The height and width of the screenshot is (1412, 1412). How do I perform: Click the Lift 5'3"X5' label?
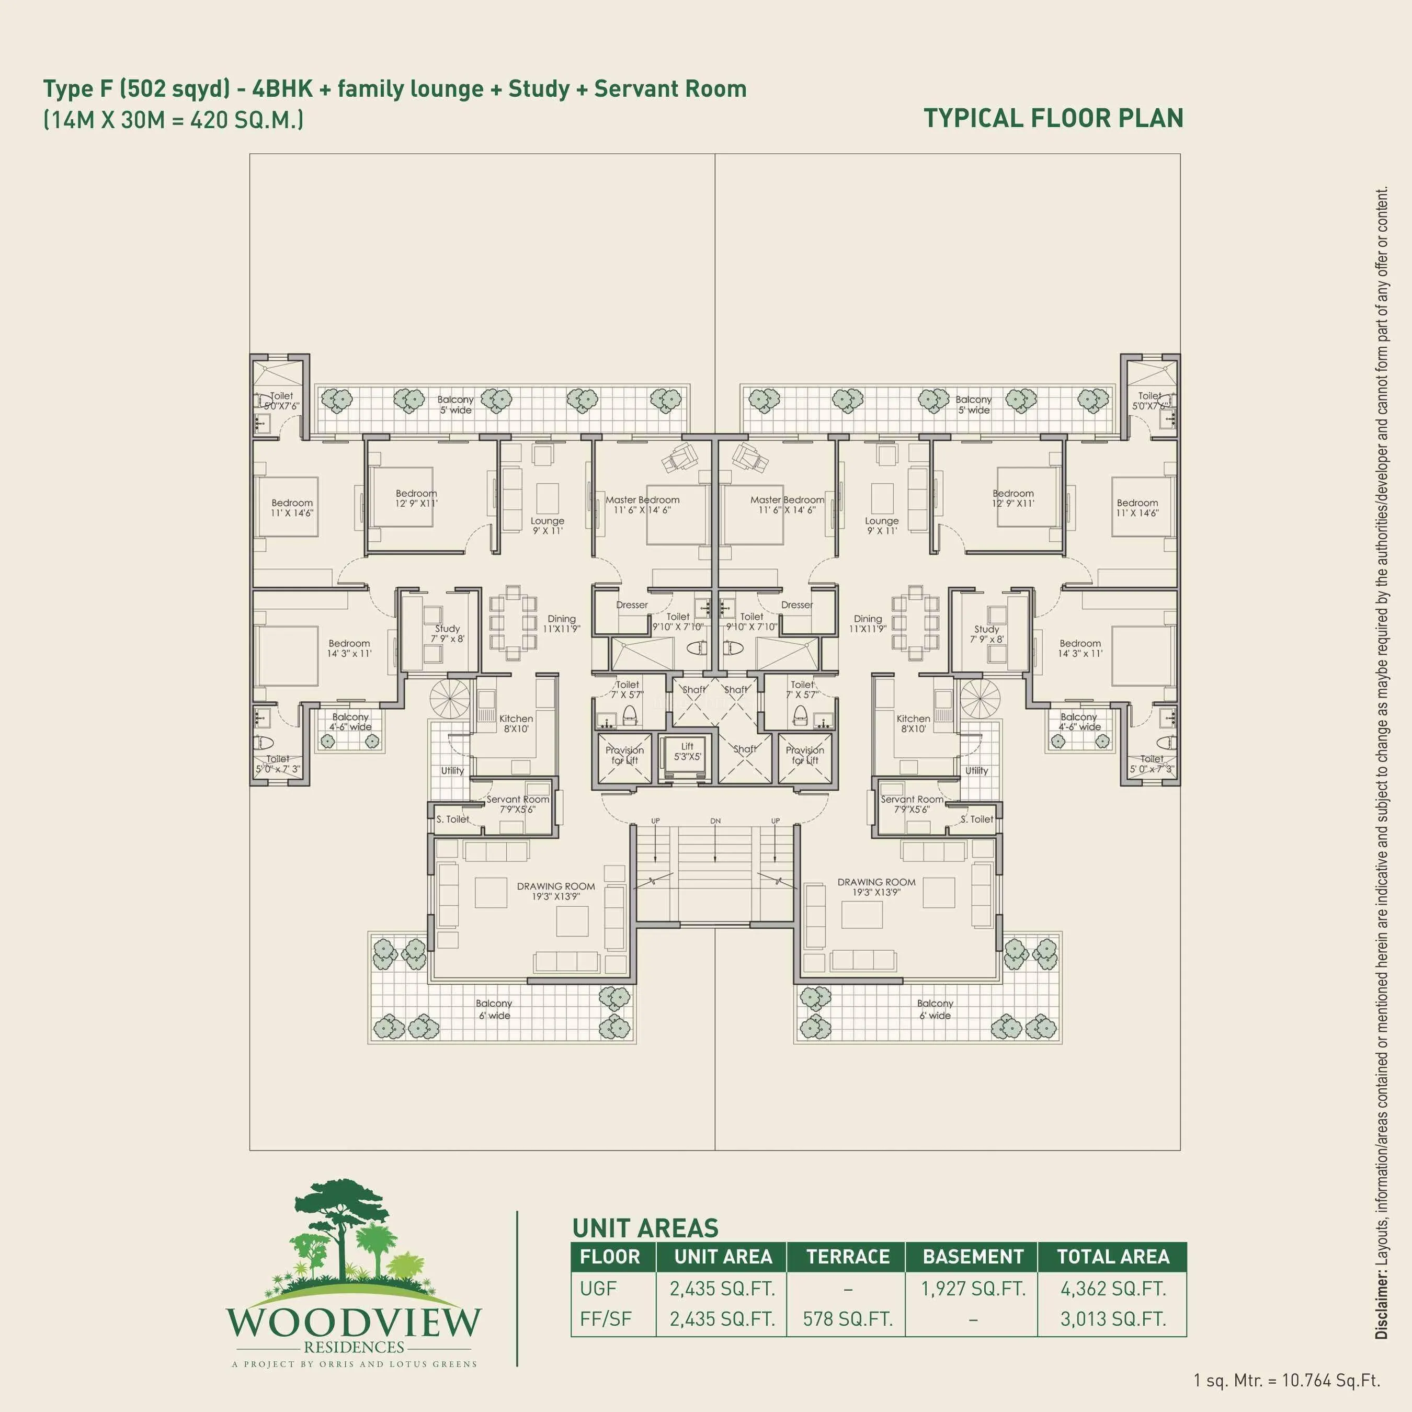click(x=687, y=751)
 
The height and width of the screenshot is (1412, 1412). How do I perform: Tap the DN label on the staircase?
click(x=715, y=821)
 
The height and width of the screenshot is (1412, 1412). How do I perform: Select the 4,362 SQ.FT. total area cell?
click(x=1112, y=1289)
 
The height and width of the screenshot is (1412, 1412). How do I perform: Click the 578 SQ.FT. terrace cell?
click(x=847, y=1319)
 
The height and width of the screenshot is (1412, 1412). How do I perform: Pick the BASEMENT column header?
click(x=972, y=1257)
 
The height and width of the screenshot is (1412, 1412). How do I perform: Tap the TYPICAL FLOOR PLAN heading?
click(x=1053, y=118)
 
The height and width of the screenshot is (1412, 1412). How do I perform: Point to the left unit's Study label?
click(x=447, y=633)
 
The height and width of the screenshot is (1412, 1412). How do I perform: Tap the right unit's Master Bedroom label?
click(x=787, y=504)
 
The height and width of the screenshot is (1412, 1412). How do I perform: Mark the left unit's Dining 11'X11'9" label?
click(x=561, y=623)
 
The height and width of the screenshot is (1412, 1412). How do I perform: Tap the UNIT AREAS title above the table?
click(x=645, y=1228)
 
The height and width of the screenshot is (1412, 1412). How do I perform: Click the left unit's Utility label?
click(x=452, y=770)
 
